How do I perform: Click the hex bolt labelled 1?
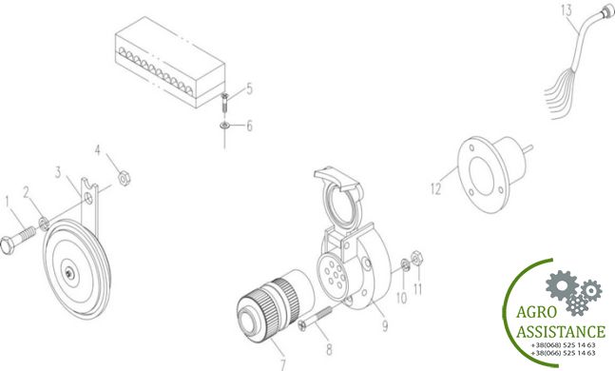(x=18, y=241)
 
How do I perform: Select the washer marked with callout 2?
(x=44, y=224)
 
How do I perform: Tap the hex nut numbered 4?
(x=125, y=178)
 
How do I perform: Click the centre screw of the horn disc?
(x=69, y=273)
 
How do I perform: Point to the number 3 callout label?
(x=58, y=172)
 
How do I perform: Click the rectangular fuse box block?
(x=170, y=62)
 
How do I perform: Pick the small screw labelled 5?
(x=224, y=102)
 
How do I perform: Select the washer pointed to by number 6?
(x=224, y=126)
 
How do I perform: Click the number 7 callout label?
(x=283, y=365)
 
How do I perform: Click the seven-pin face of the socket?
(x=333, y=276)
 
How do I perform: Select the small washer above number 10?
(x=405, y=265)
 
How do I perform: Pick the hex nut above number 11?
(x=416, y=258)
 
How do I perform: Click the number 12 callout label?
(x=435, y=188)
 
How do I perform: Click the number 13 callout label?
(x=567, y=10)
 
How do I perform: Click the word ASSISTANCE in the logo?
(x=561, y=332)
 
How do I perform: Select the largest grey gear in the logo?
(x=562, y=285)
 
